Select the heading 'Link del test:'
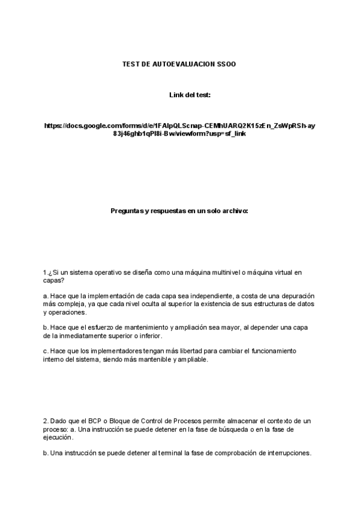tap(190, 95)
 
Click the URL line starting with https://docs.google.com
tap(180, 125)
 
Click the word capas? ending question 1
tap(53, 280)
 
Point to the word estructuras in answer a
tap(275, 304)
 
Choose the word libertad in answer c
tap(200, 351)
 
